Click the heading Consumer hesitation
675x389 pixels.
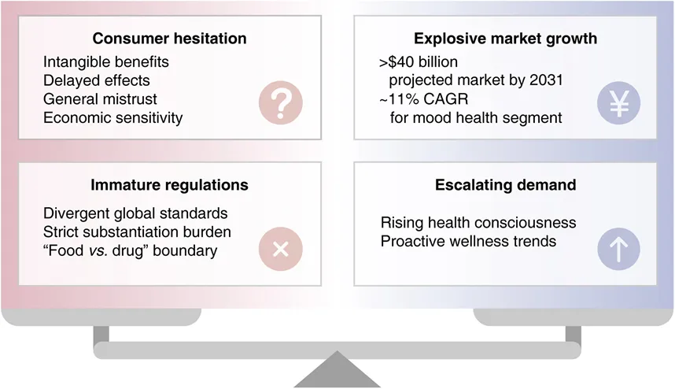169,39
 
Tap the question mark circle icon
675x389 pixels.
281,102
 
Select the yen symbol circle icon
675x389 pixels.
618,103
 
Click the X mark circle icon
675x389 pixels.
281,249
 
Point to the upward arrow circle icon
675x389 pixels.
618,249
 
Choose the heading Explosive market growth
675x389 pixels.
505,39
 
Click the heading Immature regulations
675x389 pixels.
169,185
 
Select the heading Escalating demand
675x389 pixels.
505,185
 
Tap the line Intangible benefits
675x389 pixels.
106,62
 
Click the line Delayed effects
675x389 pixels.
97,80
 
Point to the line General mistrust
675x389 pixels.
100,99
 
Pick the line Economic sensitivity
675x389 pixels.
112,118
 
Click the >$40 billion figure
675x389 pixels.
419,62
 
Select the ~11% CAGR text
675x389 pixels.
423,99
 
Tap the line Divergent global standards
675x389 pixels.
135,213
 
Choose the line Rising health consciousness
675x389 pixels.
478,223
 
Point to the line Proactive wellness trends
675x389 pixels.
468,241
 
